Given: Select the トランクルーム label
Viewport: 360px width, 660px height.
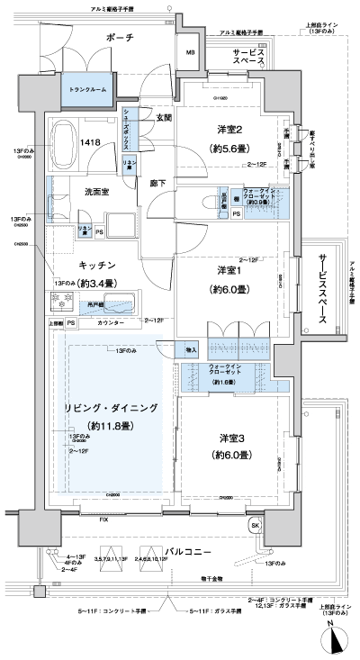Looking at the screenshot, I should (x=85, y=90).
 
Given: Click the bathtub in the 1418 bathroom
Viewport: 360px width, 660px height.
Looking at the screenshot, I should (x=66, y=141).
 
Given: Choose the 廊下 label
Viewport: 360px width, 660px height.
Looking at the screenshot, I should (x=157, y=182).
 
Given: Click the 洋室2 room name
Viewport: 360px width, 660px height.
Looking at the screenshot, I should (x=228, y=130).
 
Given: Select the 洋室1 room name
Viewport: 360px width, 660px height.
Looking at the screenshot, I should (x=228, y=270).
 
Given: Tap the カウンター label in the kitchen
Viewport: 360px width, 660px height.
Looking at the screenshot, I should (x=110, y=321).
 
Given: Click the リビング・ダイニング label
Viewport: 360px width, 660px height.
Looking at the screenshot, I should (x=111, y=407).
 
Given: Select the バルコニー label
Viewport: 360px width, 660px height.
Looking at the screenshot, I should (x=188, y=550).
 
